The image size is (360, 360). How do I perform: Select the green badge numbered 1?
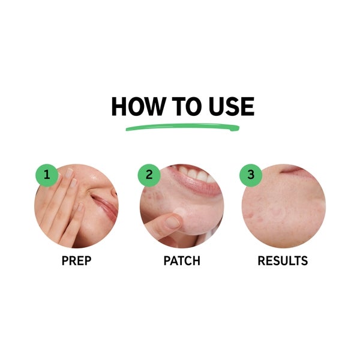click(x=46, y=175)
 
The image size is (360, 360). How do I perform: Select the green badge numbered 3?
click(x=250, y=175)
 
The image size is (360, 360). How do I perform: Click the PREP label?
click(x=76, y=261)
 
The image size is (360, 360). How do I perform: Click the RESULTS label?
click(x=283, y=261)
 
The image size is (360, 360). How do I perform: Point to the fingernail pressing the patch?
click(x=172, y=223)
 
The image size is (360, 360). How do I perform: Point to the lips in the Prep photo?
click(x=107, y=210)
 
